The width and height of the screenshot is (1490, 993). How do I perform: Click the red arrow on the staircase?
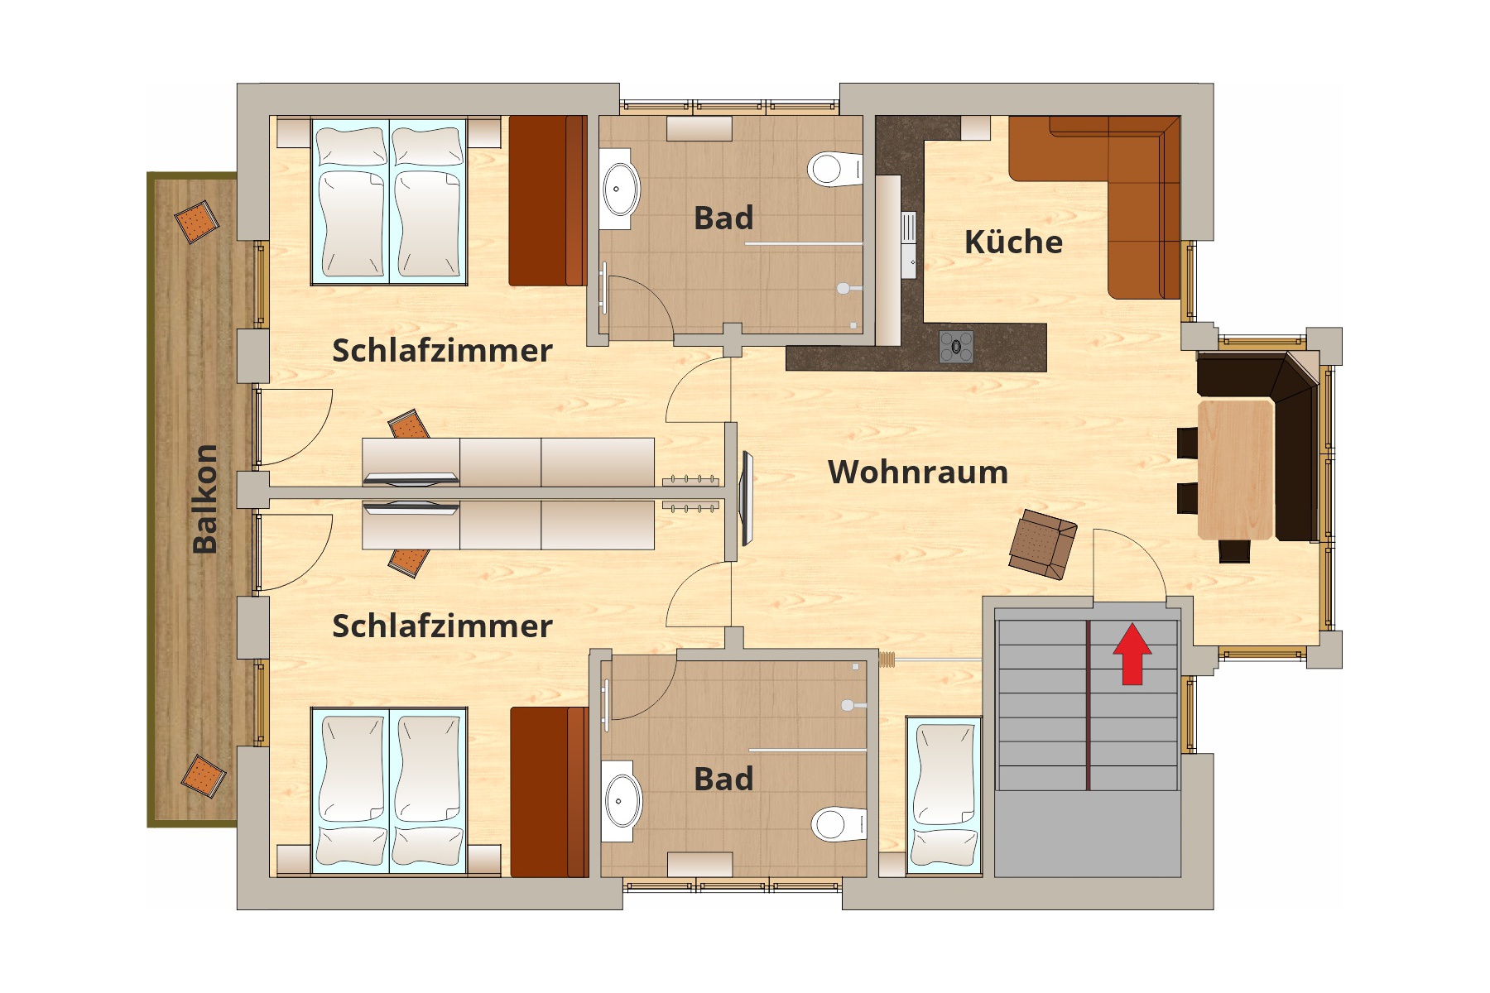(x=1132, y=655)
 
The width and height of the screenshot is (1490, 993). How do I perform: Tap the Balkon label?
(x=204, y=499)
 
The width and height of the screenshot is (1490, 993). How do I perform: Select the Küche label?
(x=1013, y=242)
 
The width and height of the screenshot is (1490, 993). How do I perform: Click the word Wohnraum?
(x=918, y=472)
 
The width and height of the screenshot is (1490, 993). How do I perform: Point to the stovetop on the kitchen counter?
(x=956, y=347)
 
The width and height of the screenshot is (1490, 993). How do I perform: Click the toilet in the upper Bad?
(x=834, y=169)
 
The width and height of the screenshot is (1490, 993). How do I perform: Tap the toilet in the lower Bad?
(x=839, y=823)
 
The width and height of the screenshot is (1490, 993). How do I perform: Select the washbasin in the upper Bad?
(x=620, y=189)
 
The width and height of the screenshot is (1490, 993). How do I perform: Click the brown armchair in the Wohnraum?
(x=1043, y=544)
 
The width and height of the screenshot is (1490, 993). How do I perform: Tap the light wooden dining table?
(x=1236, y=469)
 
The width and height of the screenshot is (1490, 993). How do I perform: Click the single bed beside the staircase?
(x=944, y=795)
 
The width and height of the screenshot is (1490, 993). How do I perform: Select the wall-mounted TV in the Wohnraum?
(x=747, y=498)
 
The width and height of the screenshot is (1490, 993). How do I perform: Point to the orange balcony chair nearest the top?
(x=197, y=223)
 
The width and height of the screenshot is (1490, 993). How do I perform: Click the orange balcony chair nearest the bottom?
(x=203, y=775)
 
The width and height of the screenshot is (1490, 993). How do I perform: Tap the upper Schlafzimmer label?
(x=442, y=351)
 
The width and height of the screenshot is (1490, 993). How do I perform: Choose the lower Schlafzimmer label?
(x=442, y=626)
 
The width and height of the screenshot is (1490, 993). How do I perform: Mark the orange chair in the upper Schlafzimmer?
(x=409, y=425)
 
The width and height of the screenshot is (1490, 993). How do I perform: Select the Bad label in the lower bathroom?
(x=723, y=779)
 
